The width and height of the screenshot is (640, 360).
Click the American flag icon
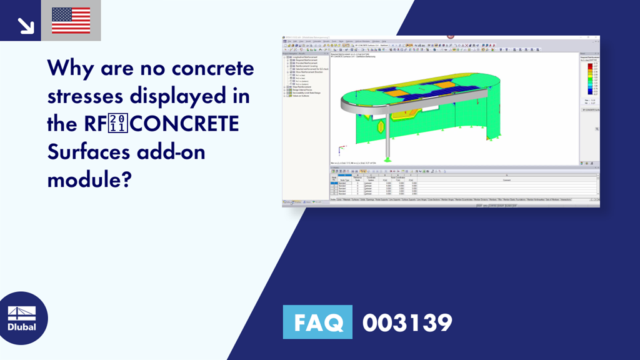(71, 20)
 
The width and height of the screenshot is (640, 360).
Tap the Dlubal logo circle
(22, 319)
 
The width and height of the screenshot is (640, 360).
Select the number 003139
(407, 322)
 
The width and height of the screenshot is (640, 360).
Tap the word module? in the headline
(89, 179)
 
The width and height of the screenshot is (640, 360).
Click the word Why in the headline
(71, 68)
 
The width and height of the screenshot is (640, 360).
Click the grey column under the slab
(388, 137)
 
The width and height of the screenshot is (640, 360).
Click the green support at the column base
(387, 159)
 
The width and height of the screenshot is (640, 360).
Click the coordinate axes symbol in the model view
(341, 150)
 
